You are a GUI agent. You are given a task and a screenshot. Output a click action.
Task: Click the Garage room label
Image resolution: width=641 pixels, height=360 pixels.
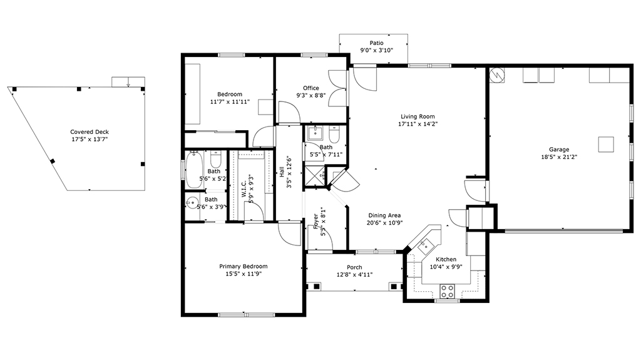(x=559, y=149)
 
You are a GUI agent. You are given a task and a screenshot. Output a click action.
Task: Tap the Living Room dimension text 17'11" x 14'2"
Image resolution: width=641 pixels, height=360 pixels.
(x=418, y=124)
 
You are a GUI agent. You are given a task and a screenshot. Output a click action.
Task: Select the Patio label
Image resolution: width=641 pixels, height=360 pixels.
(x=376, y=43)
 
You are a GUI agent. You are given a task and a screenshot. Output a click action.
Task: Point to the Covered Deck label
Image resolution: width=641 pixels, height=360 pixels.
(x=90, y=131)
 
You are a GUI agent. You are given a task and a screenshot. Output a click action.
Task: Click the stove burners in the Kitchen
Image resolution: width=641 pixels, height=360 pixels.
(x=447, y=291)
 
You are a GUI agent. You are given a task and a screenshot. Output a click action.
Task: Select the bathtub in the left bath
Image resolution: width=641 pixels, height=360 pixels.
(x=194, y=170)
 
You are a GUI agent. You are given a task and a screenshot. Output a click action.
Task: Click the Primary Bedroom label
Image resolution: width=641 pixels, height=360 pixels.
(x=244, y=266)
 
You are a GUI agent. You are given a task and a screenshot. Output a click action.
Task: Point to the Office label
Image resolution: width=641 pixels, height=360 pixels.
(x=310, y=88)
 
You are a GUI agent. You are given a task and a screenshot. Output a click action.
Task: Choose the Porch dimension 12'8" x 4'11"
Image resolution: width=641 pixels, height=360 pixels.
(x=354, y=275)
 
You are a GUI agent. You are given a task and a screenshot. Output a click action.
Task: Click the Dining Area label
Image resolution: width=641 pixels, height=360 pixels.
(x=384, y=215)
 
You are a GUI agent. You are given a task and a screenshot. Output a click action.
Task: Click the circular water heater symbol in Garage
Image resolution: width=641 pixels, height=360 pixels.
(x=496, y=75)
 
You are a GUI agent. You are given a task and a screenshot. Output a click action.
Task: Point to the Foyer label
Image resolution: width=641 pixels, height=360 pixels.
(x=316, y=221)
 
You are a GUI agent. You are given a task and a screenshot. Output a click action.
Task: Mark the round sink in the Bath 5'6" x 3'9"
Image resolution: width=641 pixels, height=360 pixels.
(x=192, y=202)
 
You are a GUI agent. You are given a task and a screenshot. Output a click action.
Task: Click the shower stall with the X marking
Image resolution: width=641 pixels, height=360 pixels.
(x=314, y=176)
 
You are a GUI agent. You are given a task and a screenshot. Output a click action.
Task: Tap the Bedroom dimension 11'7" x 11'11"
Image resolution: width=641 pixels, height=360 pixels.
(x=230, y=102)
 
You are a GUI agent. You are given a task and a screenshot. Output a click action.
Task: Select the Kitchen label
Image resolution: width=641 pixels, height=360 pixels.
(x=446, y=259)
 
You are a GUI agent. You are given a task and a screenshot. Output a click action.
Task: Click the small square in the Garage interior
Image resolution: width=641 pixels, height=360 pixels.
(x=606, y=145)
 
